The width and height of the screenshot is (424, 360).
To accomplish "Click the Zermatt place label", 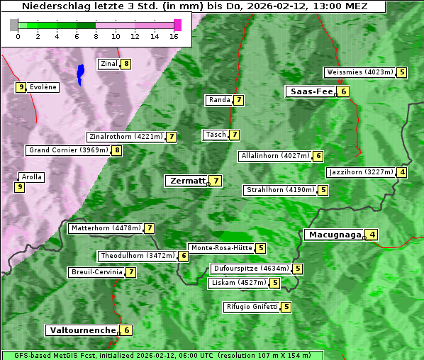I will (186, 181).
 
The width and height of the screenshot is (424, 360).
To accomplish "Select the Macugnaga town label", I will (333, 235).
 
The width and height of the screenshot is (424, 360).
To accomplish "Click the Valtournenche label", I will (81, 330).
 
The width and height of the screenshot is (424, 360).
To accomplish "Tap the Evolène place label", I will (43, 87).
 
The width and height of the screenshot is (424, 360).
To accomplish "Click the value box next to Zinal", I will (126, 64).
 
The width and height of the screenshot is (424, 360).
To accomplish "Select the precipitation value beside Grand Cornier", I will (117, 150).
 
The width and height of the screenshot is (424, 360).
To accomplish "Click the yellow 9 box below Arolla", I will (19, 187).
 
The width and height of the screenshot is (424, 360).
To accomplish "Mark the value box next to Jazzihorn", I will (403, 172).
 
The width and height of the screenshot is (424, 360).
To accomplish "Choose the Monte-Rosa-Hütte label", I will (221, 248).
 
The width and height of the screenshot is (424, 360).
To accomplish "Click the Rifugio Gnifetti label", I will (251, 307).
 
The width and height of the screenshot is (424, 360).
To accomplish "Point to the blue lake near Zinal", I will (80, 73).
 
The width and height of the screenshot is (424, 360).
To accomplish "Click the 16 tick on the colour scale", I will (173, 36).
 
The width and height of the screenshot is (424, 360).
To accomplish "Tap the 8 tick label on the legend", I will (95, 36).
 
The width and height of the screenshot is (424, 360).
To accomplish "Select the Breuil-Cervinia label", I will (96, 272).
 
